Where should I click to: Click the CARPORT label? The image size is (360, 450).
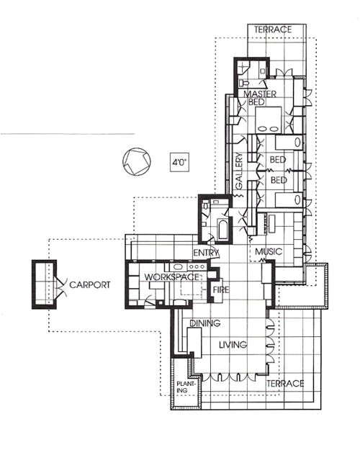[90, 285]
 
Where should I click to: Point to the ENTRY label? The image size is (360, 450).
[207, 253]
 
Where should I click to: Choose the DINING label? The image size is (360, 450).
[205, 324]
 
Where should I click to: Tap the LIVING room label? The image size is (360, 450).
[233, 345]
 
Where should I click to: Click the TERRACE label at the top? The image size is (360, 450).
[273, 30]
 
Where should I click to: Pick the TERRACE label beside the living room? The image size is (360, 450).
[287, 384]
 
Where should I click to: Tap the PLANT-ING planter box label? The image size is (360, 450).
[184, 389]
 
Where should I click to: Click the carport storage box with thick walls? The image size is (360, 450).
[43, 284]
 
